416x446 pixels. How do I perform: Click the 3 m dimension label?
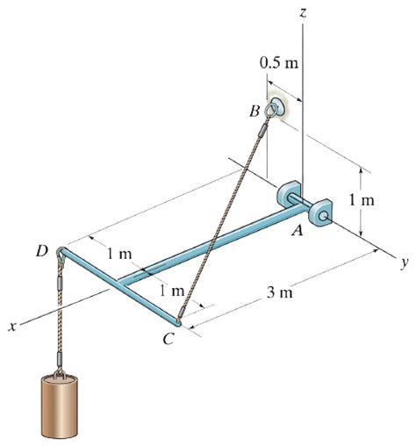coord(280,292)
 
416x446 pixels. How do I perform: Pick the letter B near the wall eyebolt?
coord(254,111)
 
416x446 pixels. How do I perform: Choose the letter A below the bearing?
coord(297,231)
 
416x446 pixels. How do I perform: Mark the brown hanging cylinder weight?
coord(61,409)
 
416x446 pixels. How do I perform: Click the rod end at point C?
coord(178,324)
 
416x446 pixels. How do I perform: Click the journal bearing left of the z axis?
coord(289,195)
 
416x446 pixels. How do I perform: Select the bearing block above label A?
coord(320,212)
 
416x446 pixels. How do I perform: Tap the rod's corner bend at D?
coord(61,254)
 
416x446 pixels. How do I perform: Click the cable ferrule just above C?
coord(183,307)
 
